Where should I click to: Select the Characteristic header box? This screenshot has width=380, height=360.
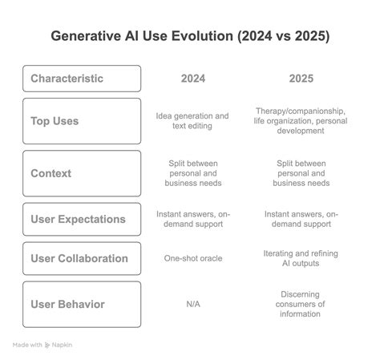(83, 79)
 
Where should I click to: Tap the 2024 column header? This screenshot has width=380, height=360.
(192, 79)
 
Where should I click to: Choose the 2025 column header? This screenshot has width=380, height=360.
(300, 79)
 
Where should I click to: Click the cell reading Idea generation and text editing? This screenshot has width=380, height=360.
(192, 121)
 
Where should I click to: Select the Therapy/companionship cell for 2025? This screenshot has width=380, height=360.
(300, 121)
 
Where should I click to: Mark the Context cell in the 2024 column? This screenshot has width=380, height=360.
(192, 172)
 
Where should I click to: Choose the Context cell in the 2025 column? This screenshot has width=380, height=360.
(300, 172)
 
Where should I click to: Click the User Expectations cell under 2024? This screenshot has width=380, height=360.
(192, 219)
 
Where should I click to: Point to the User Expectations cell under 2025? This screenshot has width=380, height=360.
(300, 219)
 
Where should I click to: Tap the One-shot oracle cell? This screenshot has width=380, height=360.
(192, 259)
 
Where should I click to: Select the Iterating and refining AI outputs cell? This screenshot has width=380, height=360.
(300, 259)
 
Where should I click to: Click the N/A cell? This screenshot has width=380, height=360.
(192, 304)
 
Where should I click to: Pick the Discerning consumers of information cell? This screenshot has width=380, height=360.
(300, 304)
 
